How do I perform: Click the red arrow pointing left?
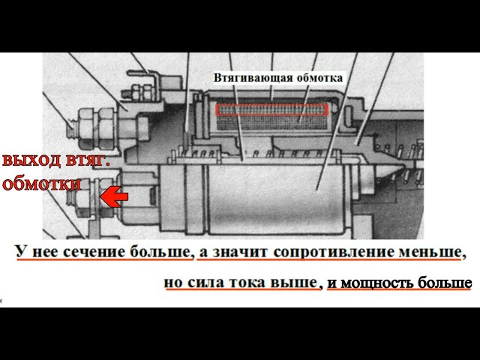(x=114, y=197)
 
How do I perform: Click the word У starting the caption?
(x=22, y=251)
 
